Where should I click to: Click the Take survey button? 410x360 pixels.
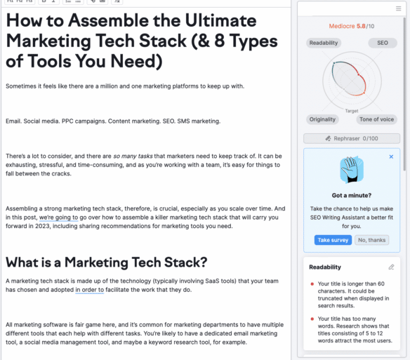(x=333, y=240)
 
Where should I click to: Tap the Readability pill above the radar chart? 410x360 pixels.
(x=324, y=43)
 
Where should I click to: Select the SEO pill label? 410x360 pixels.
(x=382, y=43)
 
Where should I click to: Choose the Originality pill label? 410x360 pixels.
(x=323, y=120)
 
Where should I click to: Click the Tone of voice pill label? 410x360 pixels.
(x=378, y=120)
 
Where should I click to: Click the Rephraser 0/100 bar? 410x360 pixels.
(x=352, y=139)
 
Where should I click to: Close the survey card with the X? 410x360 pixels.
(x=391, y=156)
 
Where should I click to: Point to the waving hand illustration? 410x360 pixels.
(x=352, y=169)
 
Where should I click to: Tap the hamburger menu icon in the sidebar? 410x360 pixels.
(x=398, y=8)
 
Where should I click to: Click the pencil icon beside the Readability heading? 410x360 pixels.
(x=391, y=267)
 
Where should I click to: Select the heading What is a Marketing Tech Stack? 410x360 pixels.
(x=107, y=262)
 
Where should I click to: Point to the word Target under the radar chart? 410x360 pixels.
(x=352, y=111)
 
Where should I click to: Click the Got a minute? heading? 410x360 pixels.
(x=352, y=196)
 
